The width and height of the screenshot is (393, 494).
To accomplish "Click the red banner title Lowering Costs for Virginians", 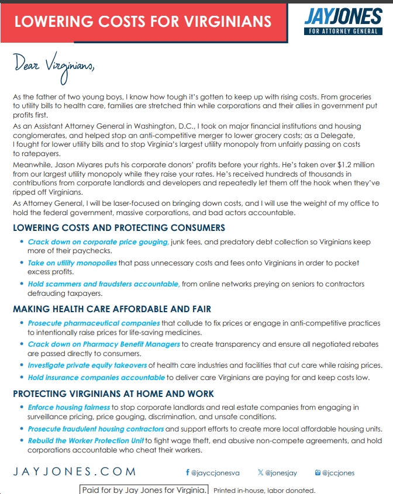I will tap(143, 22).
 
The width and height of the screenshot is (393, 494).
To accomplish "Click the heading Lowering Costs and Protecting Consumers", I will tap(119, 227).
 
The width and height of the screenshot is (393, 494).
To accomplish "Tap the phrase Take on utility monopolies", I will tap(73, 263).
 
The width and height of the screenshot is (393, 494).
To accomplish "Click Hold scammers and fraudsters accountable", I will tap(104, 284).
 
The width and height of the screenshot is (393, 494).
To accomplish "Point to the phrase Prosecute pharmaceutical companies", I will tap(94, 323).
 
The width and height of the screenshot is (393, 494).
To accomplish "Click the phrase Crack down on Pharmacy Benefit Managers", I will tap(104, 344).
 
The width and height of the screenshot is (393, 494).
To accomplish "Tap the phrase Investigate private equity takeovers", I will tap(88, 365).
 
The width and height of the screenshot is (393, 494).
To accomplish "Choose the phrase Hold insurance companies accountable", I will tap(96, 378).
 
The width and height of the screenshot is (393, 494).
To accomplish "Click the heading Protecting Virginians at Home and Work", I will tap(113, 393).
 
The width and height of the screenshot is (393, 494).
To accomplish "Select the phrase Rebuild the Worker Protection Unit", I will tap(85, 441).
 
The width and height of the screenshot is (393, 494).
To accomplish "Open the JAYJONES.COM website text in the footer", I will tap(74, 472).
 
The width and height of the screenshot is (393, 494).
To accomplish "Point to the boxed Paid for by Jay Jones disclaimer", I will tap(143, 489).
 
